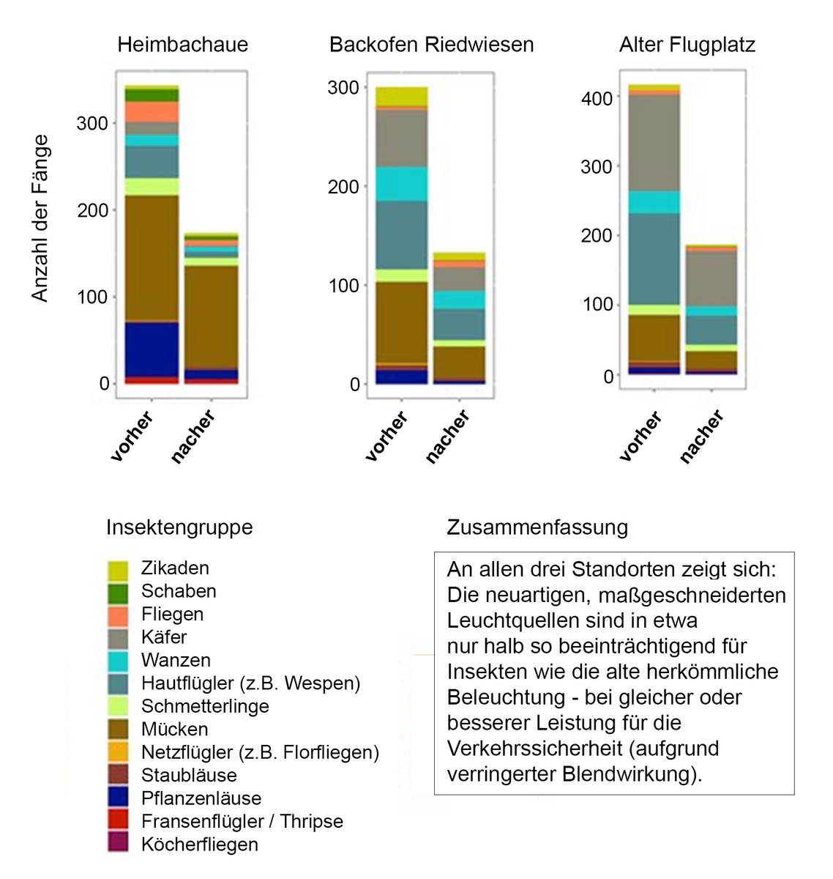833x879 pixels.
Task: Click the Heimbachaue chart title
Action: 183,45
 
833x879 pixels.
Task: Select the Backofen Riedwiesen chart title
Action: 431,45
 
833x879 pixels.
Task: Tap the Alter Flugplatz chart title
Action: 687,45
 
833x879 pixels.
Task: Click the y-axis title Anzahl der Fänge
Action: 40,218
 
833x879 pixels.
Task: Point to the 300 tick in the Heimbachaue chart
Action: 92,123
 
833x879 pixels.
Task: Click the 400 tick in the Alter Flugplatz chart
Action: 597,97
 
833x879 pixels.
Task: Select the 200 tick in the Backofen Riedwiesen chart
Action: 343,187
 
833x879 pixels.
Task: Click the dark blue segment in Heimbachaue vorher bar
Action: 152,349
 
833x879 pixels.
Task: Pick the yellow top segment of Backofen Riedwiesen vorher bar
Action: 401,96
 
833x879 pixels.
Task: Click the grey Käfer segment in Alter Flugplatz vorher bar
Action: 653,142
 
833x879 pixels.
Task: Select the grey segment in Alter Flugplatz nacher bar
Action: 711,278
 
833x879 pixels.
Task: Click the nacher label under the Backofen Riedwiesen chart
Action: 448,437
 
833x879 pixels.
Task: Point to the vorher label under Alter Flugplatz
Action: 640,437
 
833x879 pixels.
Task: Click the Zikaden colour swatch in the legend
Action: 117,570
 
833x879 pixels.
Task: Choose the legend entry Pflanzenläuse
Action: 201,798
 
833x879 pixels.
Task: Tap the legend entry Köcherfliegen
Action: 199,845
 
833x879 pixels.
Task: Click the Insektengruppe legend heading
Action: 179,527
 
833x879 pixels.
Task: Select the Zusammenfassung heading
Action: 537,527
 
